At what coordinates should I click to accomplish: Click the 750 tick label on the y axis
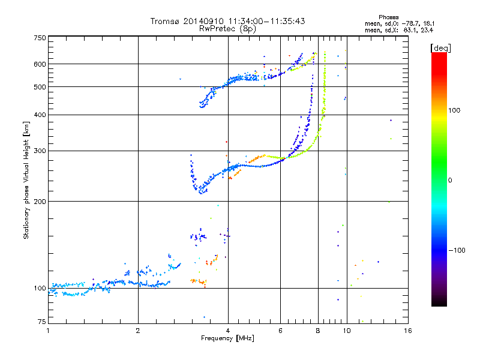pyautogui.click(x=40, y=38)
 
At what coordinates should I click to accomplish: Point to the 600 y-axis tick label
pyautogui.click(x=40, y=64)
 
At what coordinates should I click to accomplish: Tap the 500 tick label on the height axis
pyautogui.click(x=40, y=87)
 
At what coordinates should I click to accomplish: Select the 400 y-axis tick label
pyautogui.click(x=40, y=115)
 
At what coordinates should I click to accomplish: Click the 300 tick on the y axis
pyautogui.click(x=40, y=151)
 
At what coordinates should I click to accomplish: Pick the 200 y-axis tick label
pyautogui.click(x=40, y=202)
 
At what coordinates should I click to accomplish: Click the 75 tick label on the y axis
pyautogui.click(x=41, y=322)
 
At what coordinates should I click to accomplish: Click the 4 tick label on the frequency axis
pyautogui.click(x=228, y=331)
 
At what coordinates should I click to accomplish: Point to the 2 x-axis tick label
pyautogui.click(x=138, y=331)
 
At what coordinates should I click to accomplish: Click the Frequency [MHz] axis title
pyautogui.click(x=228, y=339)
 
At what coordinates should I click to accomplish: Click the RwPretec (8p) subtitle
pyautogui.click(x=227, y=28)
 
